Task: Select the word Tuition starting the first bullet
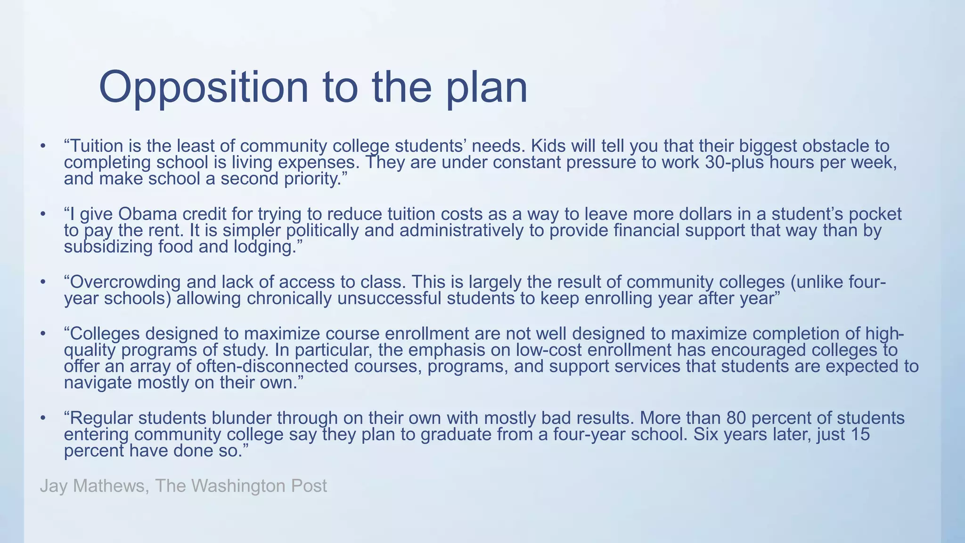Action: coord(96,146)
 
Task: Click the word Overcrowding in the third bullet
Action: coord(125,282)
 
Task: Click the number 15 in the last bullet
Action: coord(860,434)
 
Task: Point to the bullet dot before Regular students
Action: coord(43,418)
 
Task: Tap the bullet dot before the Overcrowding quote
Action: coord(43,282)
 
